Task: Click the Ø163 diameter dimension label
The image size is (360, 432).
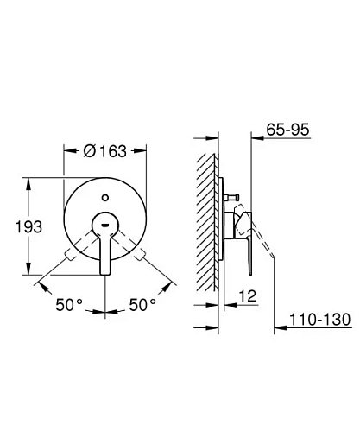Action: [x=105, y=151]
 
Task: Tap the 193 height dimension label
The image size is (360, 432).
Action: [x=28, y=226]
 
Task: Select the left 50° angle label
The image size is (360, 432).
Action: [x=69, y=304]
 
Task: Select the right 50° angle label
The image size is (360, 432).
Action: [x=142, y=304]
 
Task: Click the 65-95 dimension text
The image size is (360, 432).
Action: [x=287, y=130]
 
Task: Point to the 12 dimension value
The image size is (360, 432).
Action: [x=248, y=295]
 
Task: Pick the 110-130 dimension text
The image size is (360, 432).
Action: [x=319, y=320]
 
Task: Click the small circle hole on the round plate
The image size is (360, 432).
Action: [x=105, y=198]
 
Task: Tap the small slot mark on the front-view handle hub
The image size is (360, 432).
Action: [x=105, y=225]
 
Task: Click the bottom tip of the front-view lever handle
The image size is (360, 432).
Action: [x=105, y=275]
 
